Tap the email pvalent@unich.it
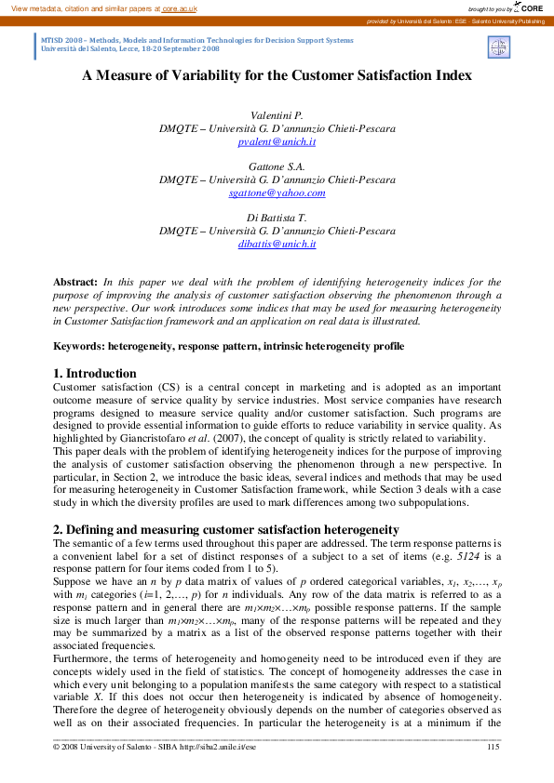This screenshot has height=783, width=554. pyautogui.click(x=277, y=141)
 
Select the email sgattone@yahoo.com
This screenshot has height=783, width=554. pyautogui.click(x=277, y=192)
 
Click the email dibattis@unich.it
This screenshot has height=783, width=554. pyautogui.click(x=277, y=244)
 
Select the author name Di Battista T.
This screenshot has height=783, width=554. pyautogui.click(x=277, y=218)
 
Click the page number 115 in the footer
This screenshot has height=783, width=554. pyautogui.click(x=493, y=746)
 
